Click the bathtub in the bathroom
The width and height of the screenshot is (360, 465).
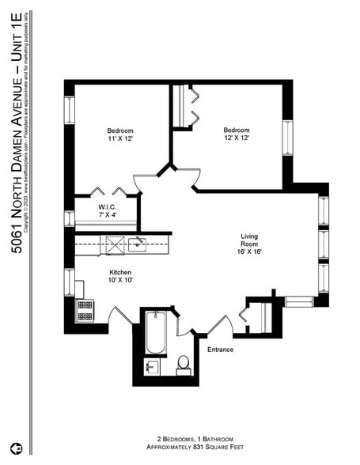pyautogui.click(x=155, y=334)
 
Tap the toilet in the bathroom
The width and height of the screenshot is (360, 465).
pyautogui.click(x=183, y=364)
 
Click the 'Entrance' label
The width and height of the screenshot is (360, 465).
pyautogui.click(x=220, y=349)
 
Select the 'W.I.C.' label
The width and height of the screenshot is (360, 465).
pyautogui.click(x=108, y=206)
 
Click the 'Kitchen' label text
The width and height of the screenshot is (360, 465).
pyautogui.click(x=120, y=272)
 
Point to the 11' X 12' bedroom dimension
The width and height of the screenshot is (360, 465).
pyautogui.click(x=120, y=139)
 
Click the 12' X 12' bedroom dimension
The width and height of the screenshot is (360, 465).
pyautogui.click(x=236, y=138)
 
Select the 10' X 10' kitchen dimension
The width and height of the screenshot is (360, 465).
pyautogui.click(x=120, y=281)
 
